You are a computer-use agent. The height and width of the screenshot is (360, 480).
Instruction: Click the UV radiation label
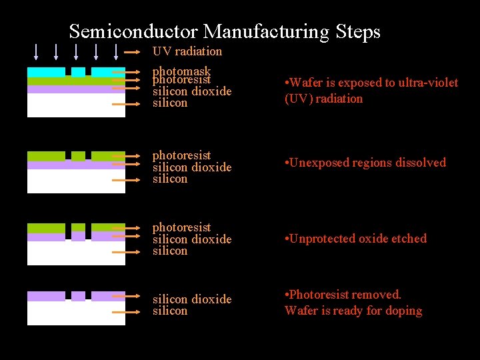pyautogui.click(x=187, y=51)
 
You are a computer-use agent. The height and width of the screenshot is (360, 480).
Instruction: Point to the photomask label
pyautogui.click(x=181, y=71)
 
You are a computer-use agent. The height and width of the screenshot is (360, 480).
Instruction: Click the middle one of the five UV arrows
pyautogui.click(x=76, y=52)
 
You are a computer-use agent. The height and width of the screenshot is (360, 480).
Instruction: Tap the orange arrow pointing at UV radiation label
pyautogui.click(x=137, y=52)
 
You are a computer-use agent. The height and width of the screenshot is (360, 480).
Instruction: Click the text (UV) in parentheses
pyautogui.click(x=298, y=99)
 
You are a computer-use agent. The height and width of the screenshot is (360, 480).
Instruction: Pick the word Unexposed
pyautogui.click(x=320, y=163)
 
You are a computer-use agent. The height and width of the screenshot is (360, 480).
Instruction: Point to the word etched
pyautogui.click(x=409, y=239)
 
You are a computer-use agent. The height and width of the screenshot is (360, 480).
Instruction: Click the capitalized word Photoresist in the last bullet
pyautogui.click(x=319, y=295)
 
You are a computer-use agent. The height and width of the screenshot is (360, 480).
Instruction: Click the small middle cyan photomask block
pyautogui.click(x=78, y=71)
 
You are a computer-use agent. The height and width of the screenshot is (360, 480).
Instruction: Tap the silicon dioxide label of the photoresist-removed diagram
pyautogui.click(x=192, y=299)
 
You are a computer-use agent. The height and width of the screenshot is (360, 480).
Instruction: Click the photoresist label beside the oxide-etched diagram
pyautogui.click(x=181, y=227)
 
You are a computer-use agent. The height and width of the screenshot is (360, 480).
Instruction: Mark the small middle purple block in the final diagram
pyautogui.click(x=78, y=296)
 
